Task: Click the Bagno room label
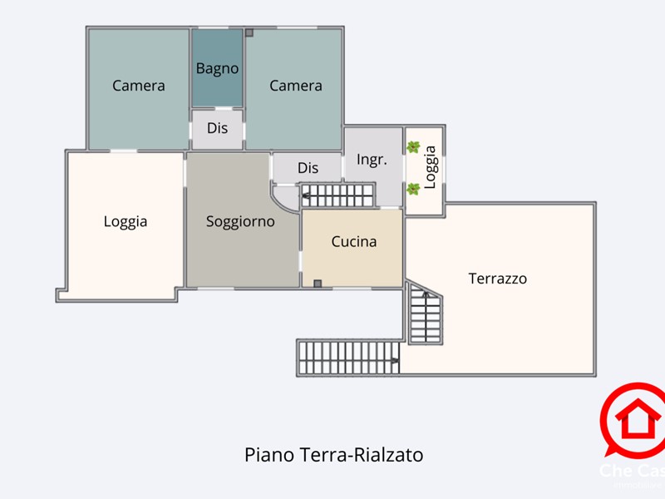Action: (218, 69)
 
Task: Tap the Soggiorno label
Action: (240, 222)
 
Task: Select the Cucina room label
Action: (354, 242)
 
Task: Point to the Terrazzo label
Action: (498, 279)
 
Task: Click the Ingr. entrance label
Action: (372, 160)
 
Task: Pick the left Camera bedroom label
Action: (139, 86)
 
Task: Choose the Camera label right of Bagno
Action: (296, 86)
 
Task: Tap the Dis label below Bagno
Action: (218, 129)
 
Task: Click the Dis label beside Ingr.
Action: (308, 168)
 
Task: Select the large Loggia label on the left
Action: (126, 221)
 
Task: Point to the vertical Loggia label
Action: (430, 167)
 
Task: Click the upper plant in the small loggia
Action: (413, 147)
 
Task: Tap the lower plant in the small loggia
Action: (413, 189)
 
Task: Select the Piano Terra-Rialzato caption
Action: (334, 455)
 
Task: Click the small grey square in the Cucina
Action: (318, 284)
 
